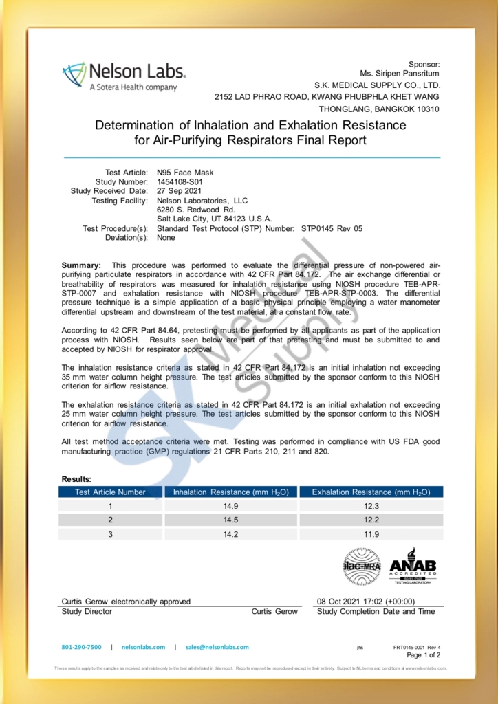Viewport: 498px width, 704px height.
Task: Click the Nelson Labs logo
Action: [x=124, y=75]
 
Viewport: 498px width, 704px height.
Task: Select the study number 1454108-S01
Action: [x=180, y=181]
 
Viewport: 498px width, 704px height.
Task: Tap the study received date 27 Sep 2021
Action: [x=179, y=191]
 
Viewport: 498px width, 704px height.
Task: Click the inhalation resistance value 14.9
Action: [x=231, y=506]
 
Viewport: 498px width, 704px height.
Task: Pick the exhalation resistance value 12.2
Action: [x=371, y=520]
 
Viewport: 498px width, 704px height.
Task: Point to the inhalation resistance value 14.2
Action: [x=231, y=533]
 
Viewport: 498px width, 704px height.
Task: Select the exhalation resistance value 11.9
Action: [x=371, y=533]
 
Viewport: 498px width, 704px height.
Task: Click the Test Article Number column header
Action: [x=110, y=492]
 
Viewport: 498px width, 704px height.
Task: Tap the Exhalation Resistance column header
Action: [x=371, y=492]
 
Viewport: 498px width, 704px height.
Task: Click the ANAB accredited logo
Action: [x=413, y=566]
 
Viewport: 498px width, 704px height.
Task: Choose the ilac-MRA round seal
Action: [x=362, y=566]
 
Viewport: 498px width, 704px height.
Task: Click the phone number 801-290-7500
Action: [x=81, y=647]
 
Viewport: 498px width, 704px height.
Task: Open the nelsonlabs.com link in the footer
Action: [x=143, y=647]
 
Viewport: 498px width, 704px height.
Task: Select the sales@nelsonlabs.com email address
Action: [x=217, y=647]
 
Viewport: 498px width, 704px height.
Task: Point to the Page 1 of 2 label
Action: [x=424, y=655]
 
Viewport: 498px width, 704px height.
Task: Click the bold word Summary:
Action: [x=81, y=265]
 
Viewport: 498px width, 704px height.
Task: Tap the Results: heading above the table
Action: [x=76, y=478]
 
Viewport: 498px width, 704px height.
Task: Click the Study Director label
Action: [x=87, y=611]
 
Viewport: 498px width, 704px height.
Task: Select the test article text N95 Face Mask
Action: [x=185, y=172]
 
